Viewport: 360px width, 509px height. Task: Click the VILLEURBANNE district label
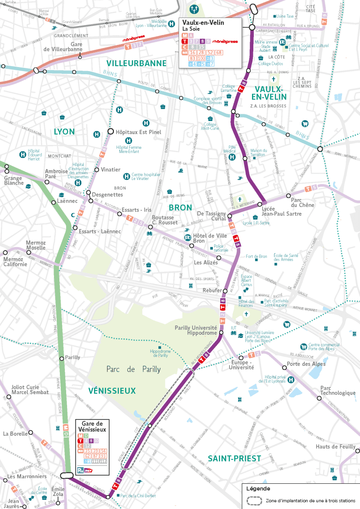(136, 63)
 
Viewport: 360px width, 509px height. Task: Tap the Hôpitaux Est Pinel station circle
(110, 131)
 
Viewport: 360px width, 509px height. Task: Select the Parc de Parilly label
(134, 369)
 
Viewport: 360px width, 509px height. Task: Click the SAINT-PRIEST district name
(234, 459)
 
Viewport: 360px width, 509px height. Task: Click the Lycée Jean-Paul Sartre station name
(281, 211)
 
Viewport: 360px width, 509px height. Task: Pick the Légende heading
(259, 488)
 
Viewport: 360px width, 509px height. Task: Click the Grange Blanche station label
(13, 180)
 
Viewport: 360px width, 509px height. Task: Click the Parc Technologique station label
(337, 390)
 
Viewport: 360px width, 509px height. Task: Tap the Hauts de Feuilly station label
(335, 446)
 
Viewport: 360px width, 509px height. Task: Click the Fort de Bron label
(256, 257)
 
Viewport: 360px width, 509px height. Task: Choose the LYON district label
(64, 132)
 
